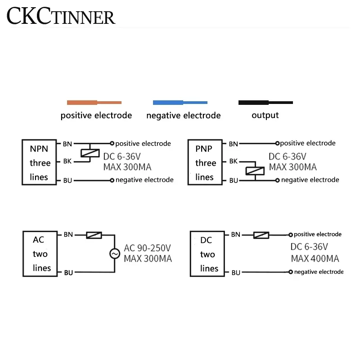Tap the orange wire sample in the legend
[94, 103]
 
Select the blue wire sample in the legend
[180, 103]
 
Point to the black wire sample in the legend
[265, 103]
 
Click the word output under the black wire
[265, 116]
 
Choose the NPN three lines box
[40, 162]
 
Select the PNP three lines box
[205, 162]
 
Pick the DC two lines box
[208, 255]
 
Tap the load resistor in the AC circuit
[94, 235]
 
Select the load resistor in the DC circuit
[261, 235]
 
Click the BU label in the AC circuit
[68, 273]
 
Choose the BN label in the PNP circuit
[234, 144]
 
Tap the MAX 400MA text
[315, 259]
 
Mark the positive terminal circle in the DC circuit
[291, 235]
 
